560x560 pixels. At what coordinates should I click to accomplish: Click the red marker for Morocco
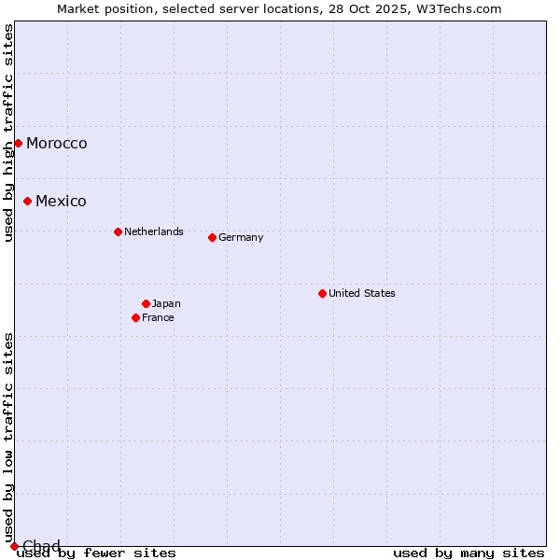[18, 143]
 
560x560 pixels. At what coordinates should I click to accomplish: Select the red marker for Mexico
[27, 201]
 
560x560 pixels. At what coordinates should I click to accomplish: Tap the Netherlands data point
[118, 231]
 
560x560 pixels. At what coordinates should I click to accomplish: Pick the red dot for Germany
[212, 237]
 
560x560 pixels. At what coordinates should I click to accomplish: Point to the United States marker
[322, 293]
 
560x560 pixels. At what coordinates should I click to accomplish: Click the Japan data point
[146, 303]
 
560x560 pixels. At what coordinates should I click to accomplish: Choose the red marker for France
[135, 317]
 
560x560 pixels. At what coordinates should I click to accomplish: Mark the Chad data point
[14, 546]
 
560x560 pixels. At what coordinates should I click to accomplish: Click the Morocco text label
[57, 143]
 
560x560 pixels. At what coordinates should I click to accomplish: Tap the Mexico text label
[61, 201]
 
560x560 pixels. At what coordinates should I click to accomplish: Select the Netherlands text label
[154, 231]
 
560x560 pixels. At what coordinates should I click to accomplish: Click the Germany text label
[241, 237]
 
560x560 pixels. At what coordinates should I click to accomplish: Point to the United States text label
[362, 293]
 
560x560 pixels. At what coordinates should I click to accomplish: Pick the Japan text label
[166, 303]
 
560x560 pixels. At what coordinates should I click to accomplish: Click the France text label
[158, 317]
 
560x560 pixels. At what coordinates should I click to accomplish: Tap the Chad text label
[41, 546]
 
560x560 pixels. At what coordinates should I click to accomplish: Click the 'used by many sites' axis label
[469, 553]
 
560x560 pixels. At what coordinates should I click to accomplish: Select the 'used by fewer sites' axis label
[97, 553]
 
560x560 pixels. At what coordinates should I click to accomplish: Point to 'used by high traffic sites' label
[8, 133]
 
